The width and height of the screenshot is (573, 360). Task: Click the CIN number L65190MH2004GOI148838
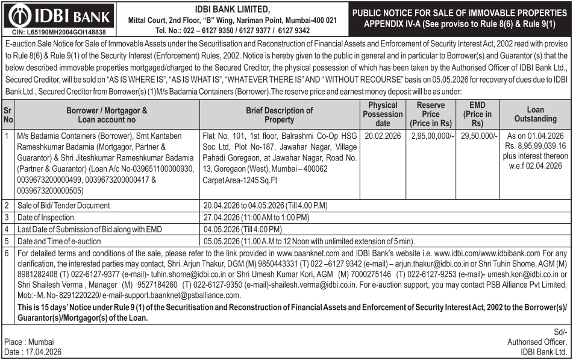tap(59, 31)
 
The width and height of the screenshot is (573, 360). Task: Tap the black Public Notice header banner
tap(460, 18)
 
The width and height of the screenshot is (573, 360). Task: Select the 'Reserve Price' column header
tap(431, 114)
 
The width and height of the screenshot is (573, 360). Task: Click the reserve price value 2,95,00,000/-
tap(433, 136)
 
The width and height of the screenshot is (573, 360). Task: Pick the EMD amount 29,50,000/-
tap(480, 136)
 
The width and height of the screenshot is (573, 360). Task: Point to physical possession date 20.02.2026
tap(383, 136)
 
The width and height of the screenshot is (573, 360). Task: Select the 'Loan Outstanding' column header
tap(536, 114)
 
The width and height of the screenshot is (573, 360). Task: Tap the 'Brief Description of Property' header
tap(280, 115)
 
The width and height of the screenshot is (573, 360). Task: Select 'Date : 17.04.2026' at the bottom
tap(33, 352)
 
